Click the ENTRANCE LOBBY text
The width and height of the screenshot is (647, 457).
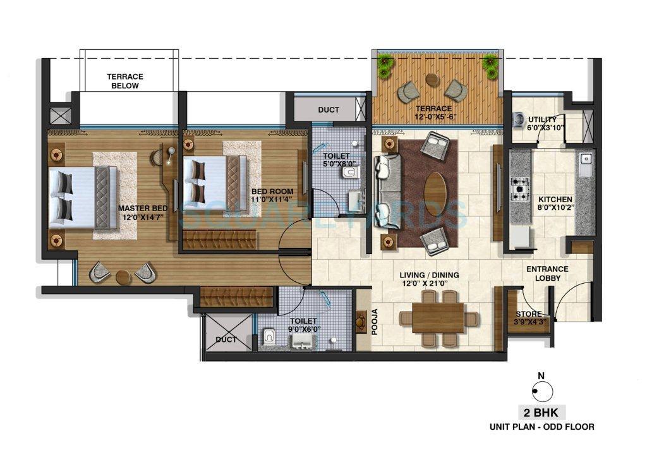tap(547, 274)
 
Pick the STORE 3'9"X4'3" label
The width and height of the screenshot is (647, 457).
tap(528, 319)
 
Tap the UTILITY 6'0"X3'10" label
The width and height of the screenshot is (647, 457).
tap(542, 123)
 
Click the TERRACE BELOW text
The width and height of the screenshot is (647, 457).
tap(125, 81)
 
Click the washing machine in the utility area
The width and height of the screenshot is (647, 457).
tap(519, 118)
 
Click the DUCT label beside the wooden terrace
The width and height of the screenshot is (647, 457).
tap(328, 109)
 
